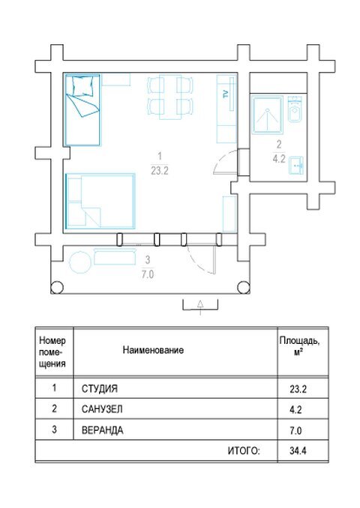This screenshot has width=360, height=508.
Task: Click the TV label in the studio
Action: point(226,94)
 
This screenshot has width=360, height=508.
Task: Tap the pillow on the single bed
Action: point(83,86)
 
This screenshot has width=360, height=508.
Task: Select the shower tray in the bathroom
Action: point(268,115)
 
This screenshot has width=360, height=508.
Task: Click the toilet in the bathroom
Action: point(295,109)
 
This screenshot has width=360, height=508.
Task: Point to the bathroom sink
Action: point(295,166)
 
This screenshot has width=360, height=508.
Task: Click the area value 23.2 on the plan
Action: point(160,170)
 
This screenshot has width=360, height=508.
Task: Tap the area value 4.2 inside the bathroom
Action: point(279,159)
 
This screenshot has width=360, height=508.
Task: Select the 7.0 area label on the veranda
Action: point(148,274)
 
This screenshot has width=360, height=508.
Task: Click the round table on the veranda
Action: point(80,262)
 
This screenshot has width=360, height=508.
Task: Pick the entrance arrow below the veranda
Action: point(200,306)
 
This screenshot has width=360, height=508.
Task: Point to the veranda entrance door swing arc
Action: point(196,261)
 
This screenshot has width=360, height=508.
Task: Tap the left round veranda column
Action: point(57,287)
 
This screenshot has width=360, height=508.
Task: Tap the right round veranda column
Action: point(243,287)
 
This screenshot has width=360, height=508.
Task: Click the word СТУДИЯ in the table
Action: point(100,388)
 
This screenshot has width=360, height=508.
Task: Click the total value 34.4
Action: point(298,450)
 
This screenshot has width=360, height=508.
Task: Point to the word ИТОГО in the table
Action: point(244,450)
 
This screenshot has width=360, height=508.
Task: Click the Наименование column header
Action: point(153,350)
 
